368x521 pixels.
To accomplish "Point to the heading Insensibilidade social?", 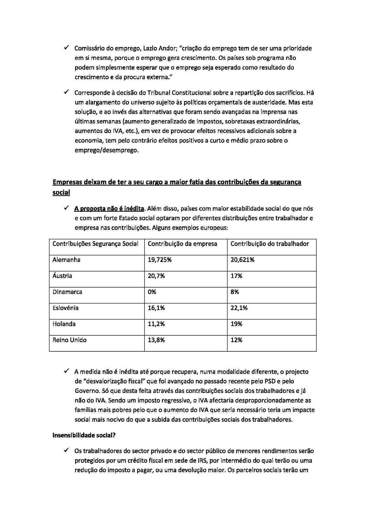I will [x=84, y=435].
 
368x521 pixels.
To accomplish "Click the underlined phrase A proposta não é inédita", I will [x=109, y=208].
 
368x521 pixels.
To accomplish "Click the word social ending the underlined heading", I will [x=61, y=192].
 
